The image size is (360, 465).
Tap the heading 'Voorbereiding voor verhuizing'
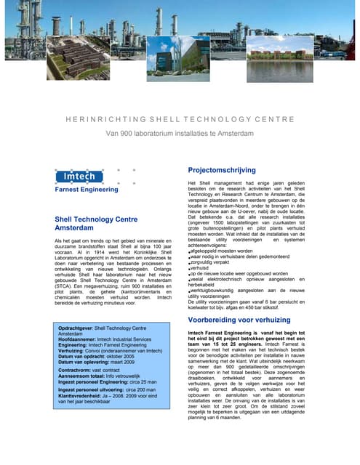244,319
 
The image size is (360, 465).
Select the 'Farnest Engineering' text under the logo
87,189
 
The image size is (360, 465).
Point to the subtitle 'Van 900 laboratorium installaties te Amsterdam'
180,133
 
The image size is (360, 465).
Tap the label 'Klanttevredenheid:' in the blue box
81,395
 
